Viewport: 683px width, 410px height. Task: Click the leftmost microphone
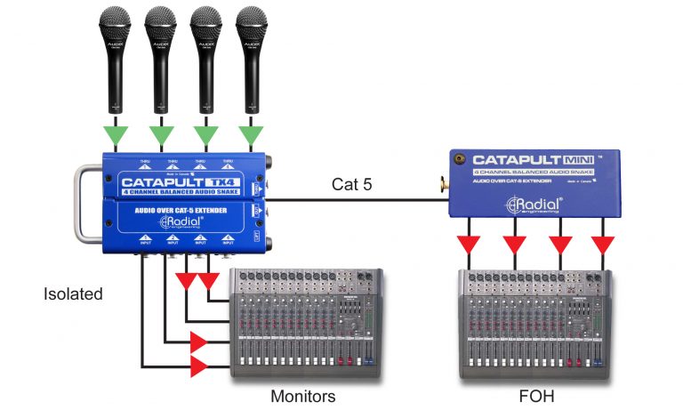tap(115, 53)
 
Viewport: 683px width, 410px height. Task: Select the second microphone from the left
tap(160, 53)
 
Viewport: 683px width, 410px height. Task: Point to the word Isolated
tap(73, 293)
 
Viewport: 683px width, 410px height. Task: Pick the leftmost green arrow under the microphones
tap(115, 136)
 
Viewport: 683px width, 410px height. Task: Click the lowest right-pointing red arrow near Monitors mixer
tap(199, 365)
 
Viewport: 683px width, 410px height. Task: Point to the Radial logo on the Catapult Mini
tap(531, 205)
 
